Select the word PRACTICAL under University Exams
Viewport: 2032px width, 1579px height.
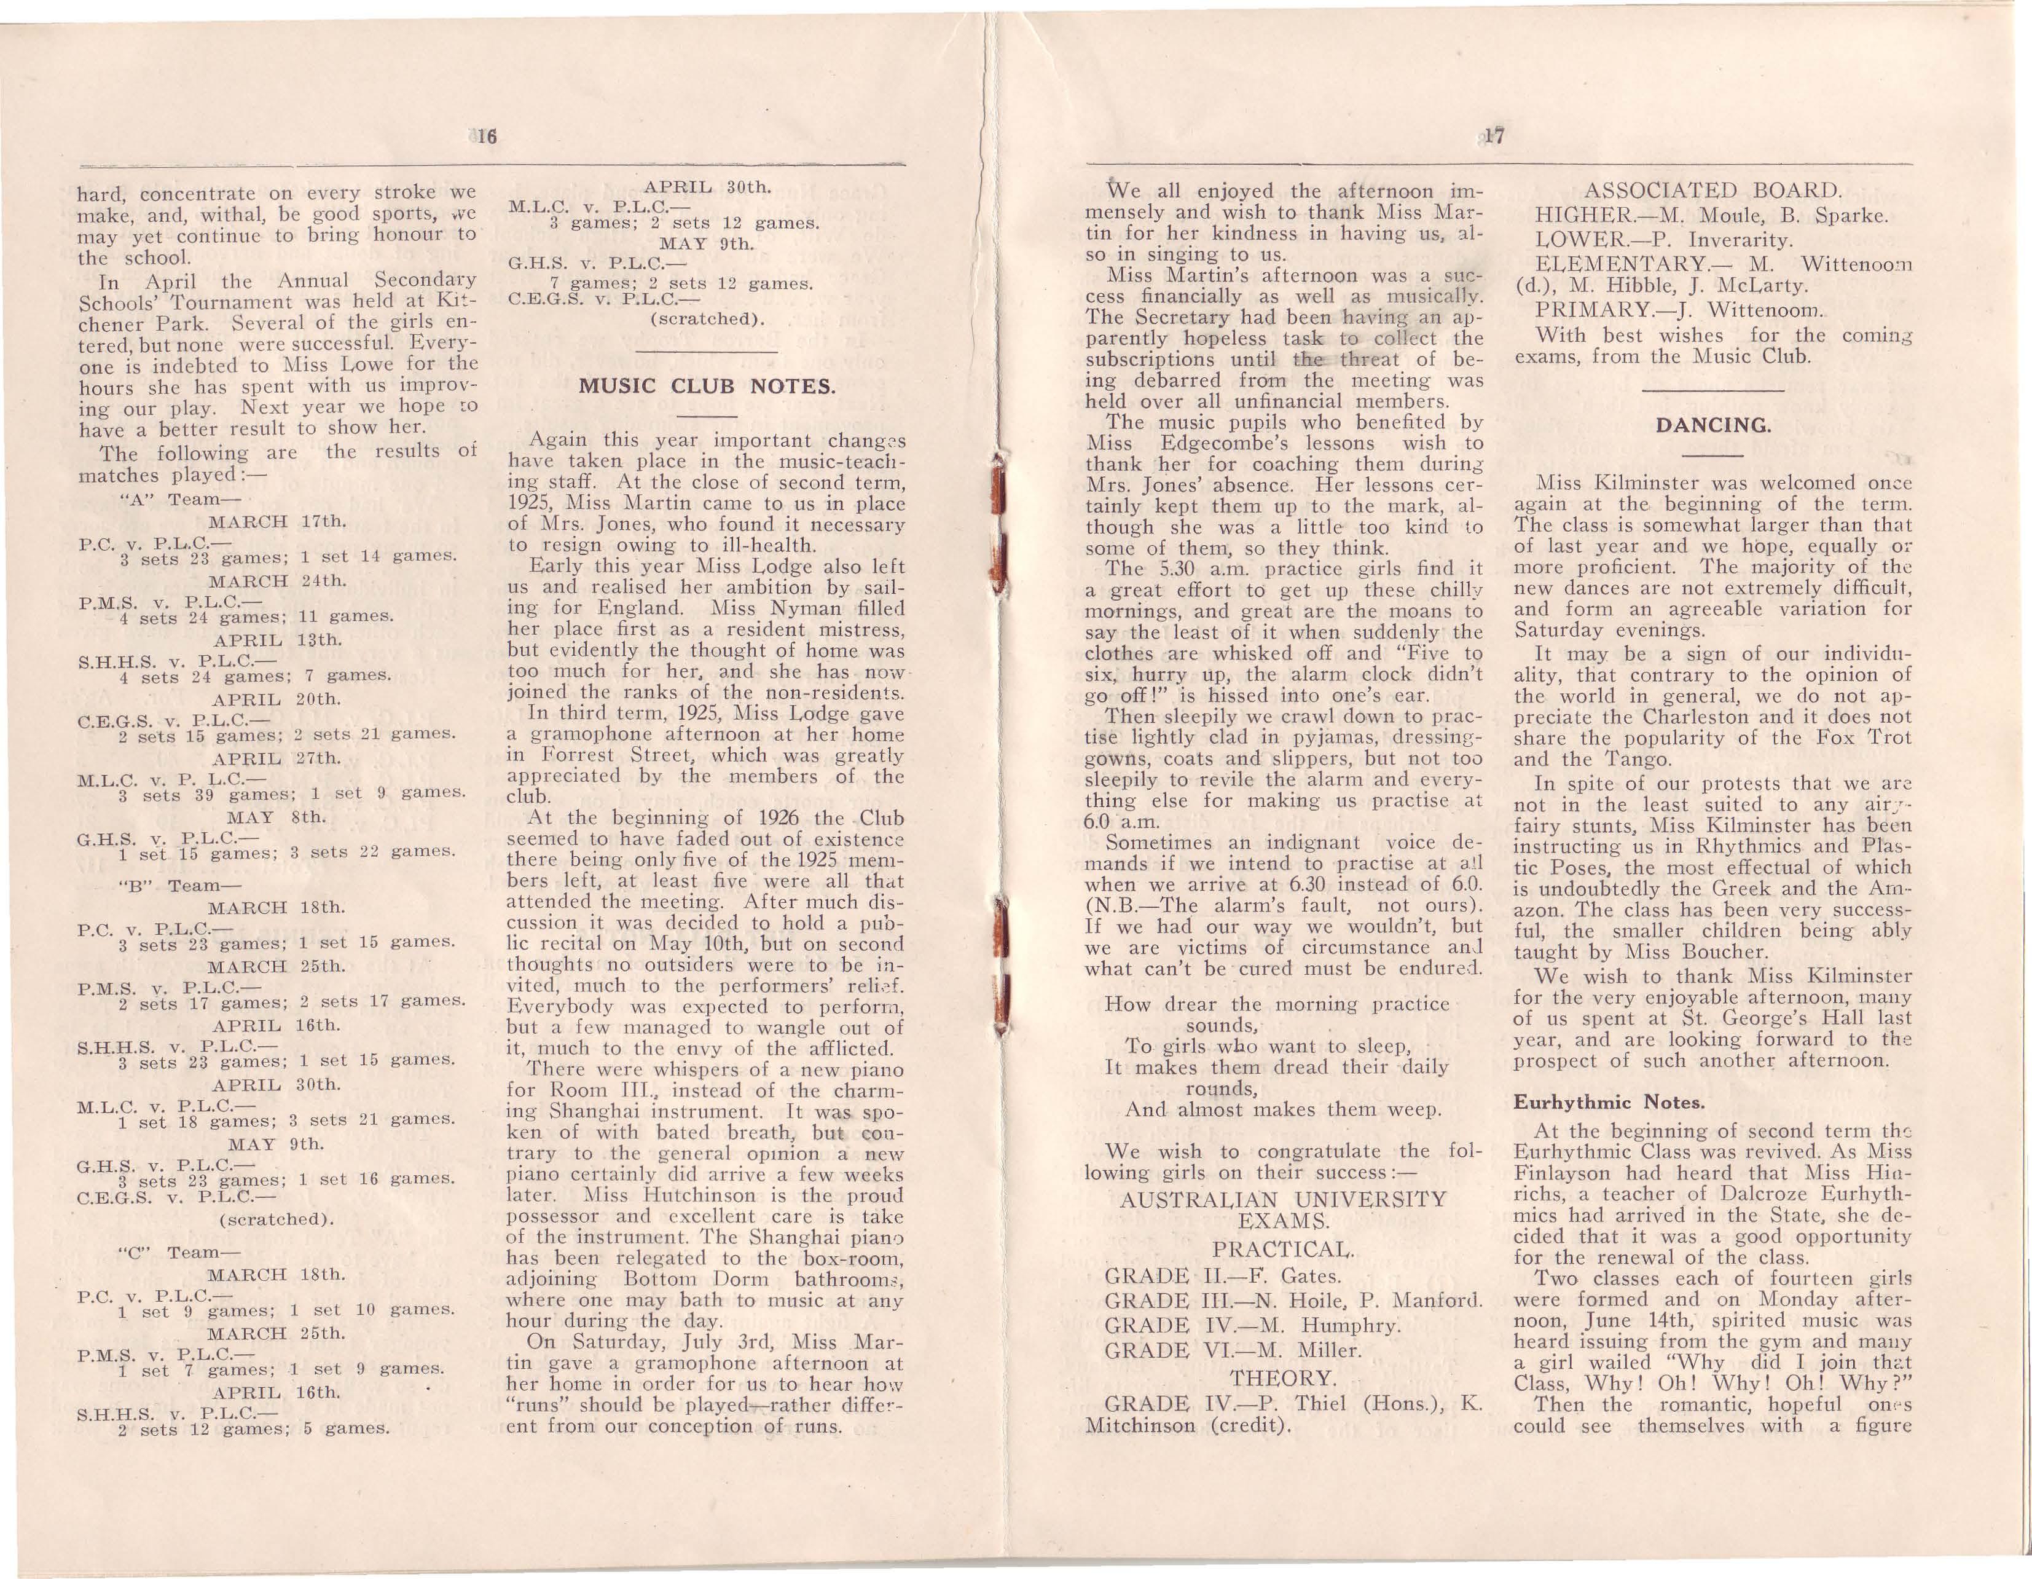[1283, 1249]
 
